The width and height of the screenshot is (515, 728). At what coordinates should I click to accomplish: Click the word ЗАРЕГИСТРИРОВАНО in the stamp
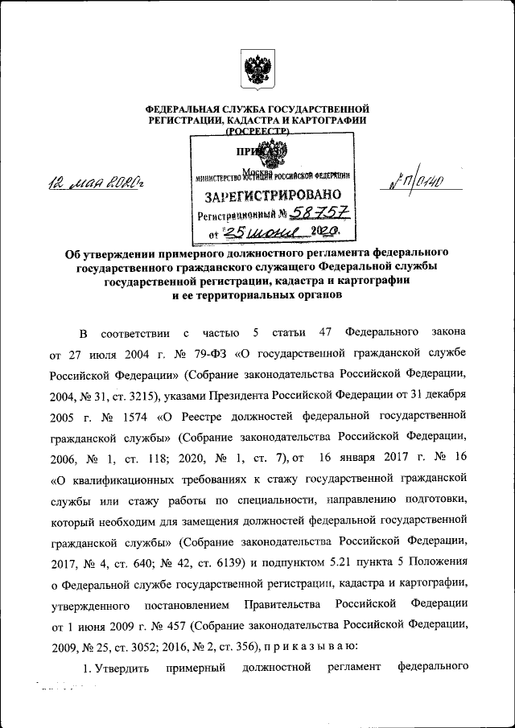click(272, 195)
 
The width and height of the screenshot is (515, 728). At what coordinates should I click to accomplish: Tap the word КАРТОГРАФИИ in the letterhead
click(329, 120)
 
